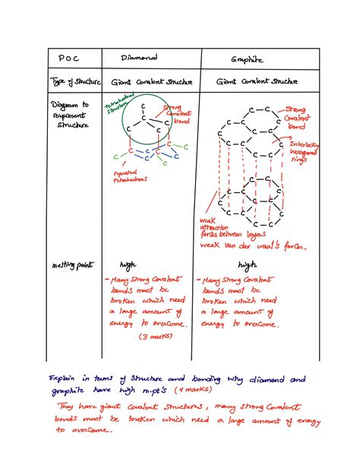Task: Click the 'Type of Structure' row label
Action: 71,81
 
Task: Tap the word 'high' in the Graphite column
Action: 248,265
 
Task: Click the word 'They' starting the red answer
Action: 67,406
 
